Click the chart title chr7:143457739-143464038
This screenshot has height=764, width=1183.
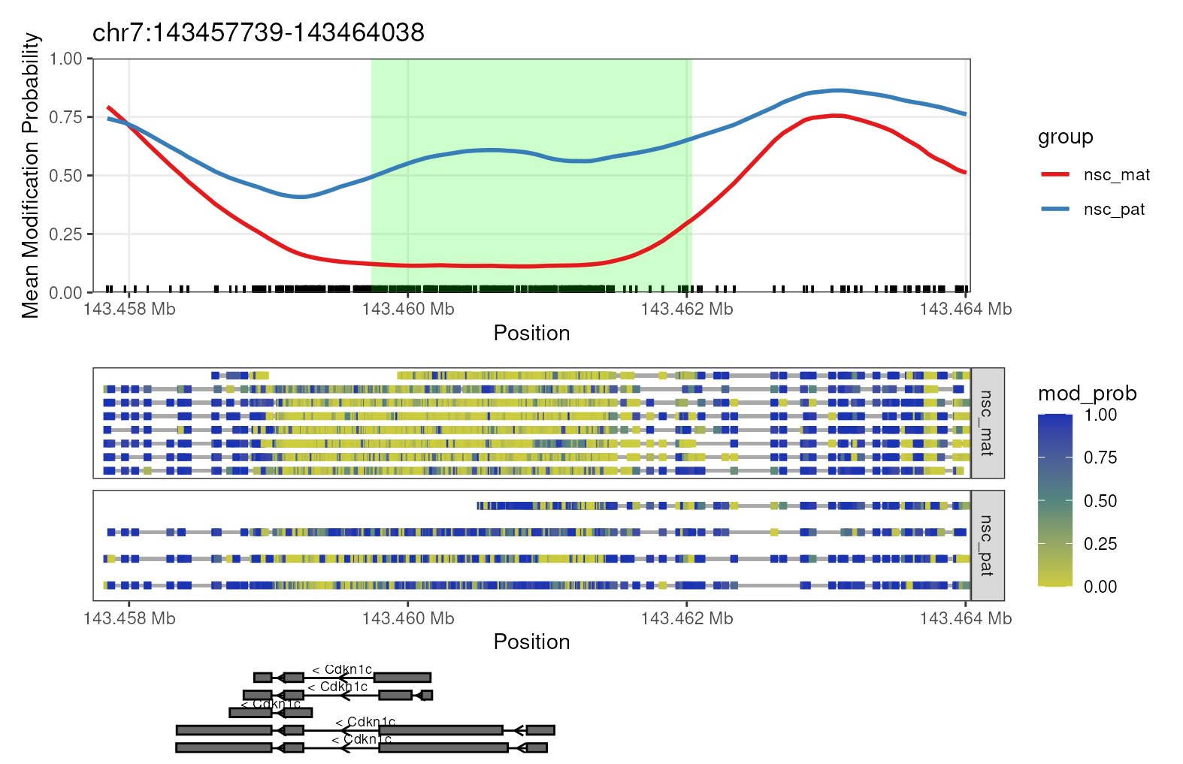(258, 32)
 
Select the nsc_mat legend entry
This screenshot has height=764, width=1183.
(1116, 175)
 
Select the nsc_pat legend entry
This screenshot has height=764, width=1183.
(1113, 210)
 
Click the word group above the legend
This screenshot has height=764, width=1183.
(1065, 137)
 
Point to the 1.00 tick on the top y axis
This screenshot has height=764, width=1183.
(65, 59)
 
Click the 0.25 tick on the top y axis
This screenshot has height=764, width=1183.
(65, 234)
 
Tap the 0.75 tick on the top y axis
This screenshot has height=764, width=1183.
(65, 117)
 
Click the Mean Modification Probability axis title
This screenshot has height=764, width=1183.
(30, 175)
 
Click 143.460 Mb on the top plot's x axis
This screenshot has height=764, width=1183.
(408, 310)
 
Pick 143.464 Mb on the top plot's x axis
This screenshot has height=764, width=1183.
(965, 310)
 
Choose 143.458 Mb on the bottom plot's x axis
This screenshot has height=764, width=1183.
(129, 618)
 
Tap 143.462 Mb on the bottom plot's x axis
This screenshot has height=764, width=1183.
(686, 618)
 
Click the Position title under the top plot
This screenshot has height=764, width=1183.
(531, 334)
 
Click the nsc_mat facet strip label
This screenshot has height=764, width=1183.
(987, 423)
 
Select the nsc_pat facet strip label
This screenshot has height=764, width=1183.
(987, 545)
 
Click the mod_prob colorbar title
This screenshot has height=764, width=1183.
(1086, 394)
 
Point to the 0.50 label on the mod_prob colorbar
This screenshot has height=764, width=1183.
(1100, 501)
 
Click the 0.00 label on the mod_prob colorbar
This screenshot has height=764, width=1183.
(1100, 587)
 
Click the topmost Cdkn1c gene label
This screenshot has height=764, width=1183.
(342, 669)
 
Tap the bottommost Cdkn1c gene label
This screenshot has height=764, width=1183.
(362, 739)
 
